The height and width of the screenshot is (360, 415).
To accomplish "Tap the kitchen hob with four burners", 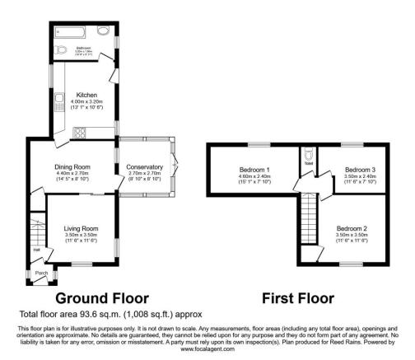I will pyautogui.click(x=82, y=131).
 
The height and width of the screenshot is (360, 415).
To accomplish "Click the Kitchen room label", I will pyautogui.click(x=87, y=95).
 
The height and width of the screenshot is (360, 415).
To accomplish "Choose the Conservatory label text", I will pyautogui.click(x=145, y=168).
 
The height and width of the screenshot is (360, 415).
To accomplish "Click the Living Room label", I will pyautogui.click(x=81, y=228).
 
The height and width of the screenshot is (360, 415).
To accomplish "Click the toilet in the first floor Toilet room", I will pyautogui.click(x=307, y=156).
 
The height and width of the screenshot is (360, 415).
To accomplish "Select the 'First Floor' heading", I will pyautogui.click(x=297, y=297).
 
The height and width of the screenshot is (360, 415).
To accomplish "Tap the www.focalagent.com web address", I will pyautogui.click(x=207, y=348).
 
